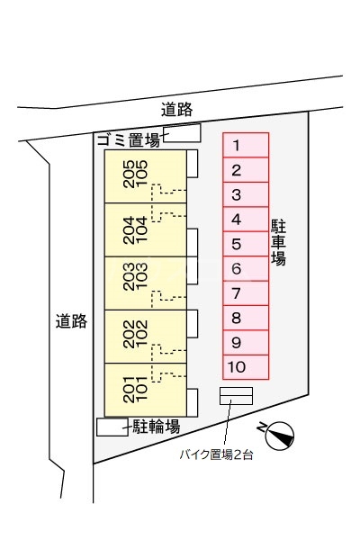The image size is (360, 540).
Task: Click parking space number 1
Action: coord(246,146)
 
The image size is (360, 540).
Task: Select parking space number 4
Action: coord(246,220)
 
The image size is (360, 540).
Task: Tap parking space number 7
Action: coord(246,293)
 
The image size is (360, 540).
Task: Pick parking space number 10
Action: coord(246,366)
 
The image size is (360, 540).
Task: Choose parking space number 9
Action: coord(246,342)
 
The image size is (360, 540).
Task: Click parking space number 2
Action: coord(246,170)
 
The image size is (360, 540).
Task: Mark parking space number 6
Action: coord(246,268)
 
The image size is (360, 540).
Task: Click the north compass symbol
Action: coord(279,435)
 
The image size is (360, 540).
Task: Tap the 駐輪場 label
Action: coord(157,426)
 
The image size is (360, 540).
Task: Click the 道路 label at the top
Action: coord(177,110)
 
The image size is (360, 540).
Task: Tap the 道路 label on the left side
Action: coord(71,320)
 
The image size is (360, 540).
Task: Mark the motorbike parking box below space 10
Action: coord(236,396)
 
